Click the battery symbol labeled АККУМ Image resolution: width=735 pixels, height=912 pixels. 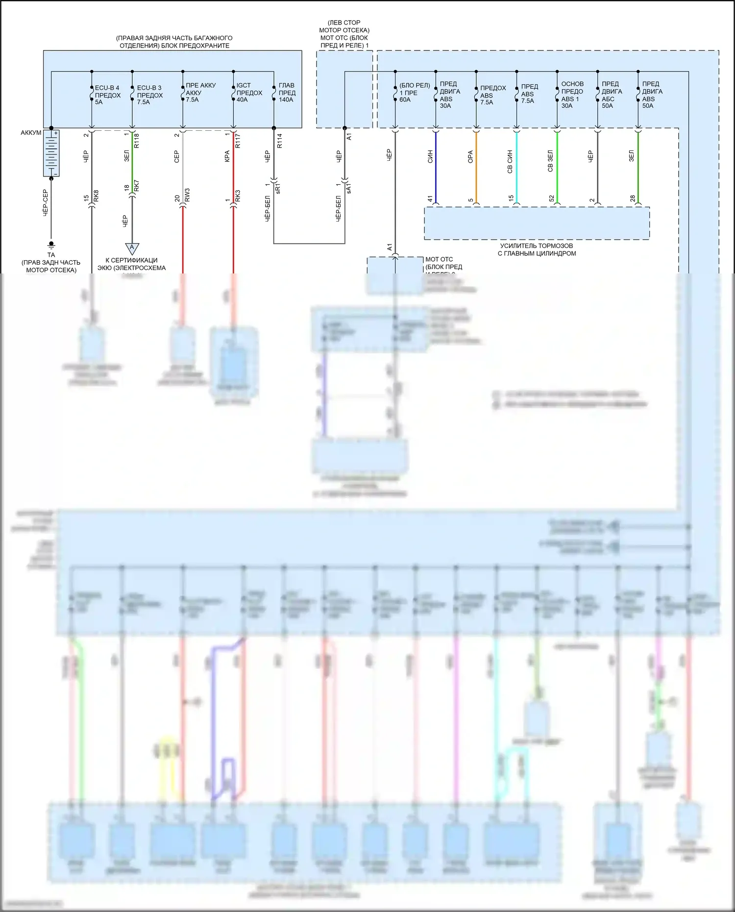pyautogui.click(x=51, y=153)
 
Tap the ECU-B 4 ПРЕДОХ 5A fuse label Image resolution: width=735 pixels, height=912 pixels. pyautogui.click(x=107, y=95)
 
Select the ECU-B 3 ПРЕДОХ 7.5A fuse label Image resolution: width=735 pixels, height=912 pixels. pyautogui.click(x=149, y=95)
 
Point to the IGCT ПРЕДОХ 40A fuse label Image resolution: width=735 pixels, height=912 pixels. pyautogui.click(x=249, y=93)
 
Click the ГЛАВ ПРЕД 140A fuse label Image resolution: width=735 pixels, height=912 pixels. pyautogui.click(x=287, y=93)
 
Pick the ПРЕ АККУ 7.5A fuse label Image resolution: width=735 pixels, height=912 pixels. pyautogui.click(x=200, y=93)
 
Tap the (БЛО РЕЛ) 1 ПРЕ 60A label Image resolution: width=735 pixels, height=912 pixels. pyautogui.click(x=414, y=93)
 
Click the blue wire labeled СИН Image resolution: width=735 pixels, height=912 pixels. pyautogui.click(x=436, y=167)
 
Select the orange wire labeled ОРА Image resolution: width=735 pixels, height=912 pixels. pyautogui.click(x=476, y=167)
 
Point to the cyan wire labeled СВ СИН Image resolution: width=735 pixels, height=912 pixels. pyautogui.click(x=516, y=167)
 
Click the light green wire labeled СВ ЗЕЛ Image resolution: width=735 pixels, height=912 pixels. pyautogui.click(x=557, y=167)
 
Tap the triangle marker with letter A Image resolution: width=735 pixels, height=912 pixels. pyautogui.click(x=132, y=248)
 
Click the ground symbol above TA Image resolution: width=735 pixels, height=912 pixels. pyautogui.click(x=51, y=245)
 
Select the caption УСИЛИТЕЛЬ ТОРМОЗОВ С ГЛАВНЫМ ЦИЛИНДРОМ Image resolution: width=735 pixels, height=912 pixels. pyautogui.click(x=537, y=249)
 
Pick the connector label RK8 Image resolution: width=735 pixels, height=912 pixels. pyautogui.click(x=96, y=196)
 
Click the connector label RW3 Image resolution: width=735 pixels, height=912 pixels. pyautogui.click(x=187, y=195)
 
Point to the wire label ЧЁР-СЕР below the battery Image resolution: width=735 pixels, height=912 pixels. pyautogui.click(x=46, y=203)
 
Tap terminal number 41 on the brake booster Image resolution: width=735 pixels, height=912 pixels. pyautogui.click(x=430, y=198)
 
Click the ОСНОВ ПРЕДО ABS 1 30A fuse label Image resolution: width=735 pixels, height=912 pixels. pyautogui.click(x=572, y=95)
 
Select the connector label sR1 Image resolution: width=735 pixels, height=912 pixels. pyautogui.click(x=278, y=188)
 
